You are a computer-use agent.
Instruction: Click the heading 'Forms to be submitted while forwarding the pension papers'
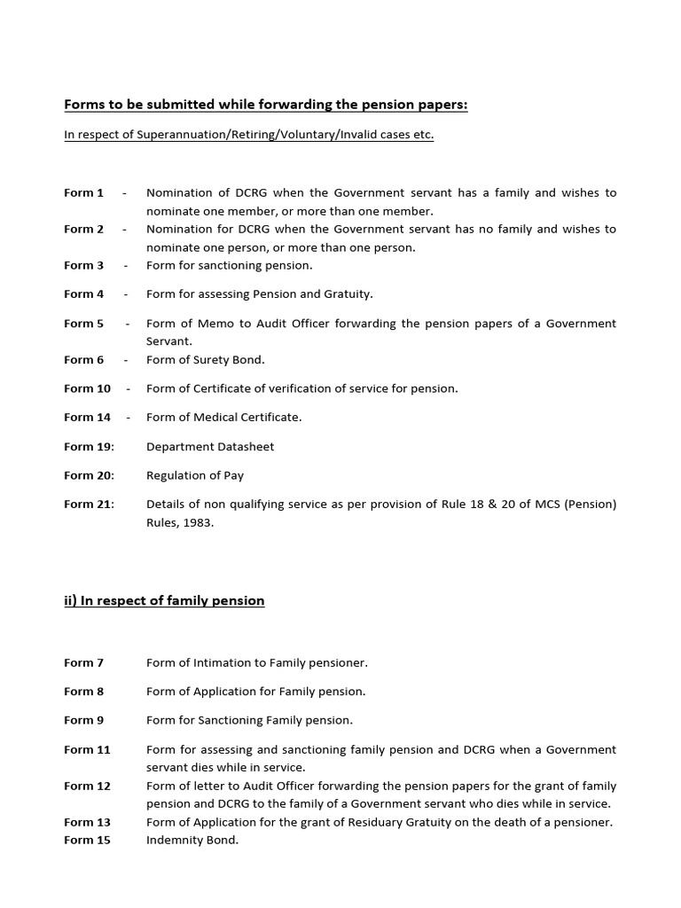point(265,106)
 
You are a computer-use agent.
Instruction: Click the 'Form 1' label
point(83,192)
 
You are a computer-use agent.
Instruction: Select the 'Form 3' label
point(83,265)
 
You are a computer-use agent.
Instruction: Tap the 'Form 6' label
point(83,360)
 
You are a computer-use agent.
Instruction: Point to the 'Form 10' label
point(87,388)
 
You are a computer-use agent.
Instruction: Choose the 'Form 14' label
point(87,417)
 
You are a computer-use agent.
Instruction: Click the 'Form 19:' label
point(89,447)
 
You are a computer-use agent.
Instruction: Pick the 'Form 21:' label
point(89,505)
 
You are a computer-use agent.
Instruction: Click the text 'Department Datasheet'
point(210,447)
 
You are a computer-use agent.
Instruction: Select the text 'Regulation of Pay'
point(194,475)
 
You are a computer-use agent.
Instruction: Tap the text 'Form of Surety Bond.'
point(206,360)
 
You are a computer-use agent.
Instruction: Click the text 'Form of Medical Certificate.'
point(223,417)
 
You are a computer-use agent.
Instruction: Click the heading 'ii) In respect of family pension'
point(164,601)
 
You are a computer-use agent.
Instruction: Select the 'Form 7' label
point(83,662)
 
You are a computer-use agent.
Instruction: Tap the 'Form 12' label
point(87,786)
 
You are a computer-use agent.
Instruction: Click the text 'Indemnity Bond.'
point(192,840)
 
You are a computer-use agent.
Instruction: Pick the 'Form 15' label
point(87,840)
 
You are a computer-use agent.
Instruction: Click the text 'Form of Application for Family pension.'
point(255,691)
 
